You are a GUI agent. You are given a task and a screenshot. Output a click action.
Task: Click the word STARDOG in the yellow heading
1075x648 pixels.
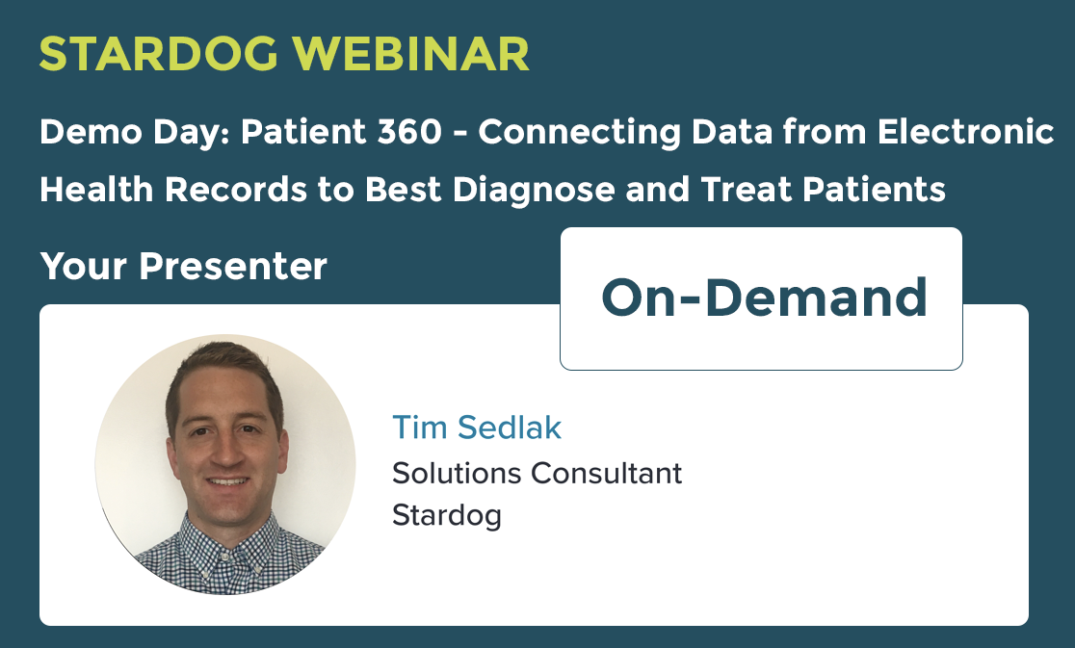(x=158, y=53)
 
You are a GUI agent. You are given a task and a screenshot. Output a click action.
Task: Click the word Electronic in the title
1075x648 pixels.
(x=965, y=131)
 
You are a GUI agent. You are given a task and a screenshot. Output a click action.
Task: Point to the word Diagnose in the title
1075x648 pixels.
(x=534, y=189)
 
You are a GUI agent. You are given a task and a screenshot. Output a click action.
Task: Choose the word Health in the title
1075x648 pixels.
(x=96, y=189)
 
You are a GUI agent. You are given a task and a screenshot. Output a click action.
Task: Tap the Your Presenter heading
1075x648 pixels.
(x=183, y=266)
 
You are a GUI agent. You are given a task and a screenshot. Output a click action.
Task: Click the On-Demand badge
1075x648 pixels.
(x=761, y=298)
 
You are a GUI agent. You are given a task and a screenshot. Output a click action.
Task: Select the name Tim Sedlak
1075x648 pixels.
(x=477, y=428)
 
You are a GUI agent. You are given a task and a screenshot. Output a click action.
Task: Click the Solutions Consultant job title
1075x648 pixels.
(x=537, y=474)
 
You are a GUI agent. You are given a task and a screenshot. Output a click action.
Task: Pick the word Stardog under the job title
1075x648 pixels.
(x=446, y=516)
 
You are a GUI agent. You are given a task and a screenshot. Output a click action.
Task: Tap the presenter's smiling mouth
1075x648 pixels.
(x=228, y=482)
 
